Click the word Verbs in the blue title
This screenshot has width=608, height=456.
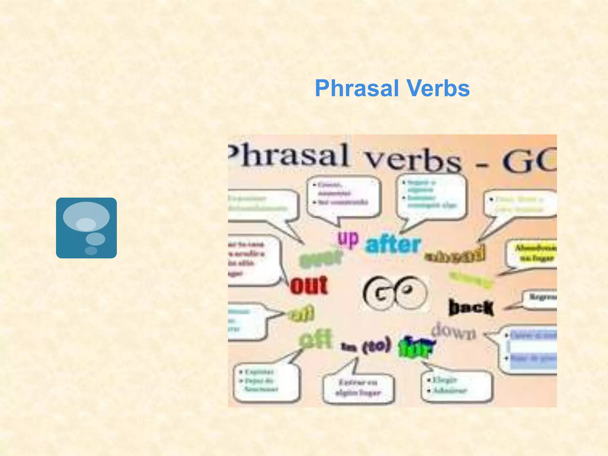click(438, 88)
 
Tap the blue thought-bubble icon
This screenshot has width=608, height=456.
click(86, 228)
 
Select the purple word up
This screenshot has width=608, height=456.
click(348, 239)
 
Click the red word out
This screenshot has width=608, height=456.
click(309, 285)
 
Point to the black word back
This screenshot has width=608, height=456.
click(471, 308)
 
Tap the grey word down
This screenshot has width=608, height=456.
click(454, 332)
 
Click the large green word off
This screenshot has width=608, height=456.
click(315, 340)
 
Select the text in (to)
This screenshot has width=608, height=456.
click(366, 346)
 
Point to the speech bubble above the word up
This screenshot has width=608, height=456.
click(344, 196)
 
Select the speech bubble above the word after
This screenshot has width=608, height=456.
click(432, 196)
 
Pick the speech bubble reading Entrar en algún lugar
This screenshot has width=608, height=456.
click(358, 388)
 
